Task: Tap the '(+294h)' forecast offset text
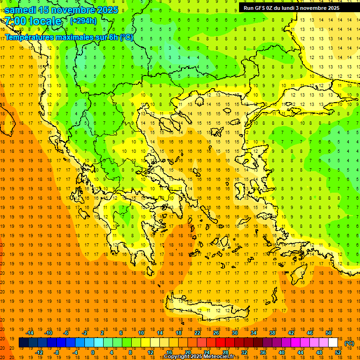(x=83, y=21)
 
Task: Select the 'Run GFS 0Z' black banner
(x=295, y=7)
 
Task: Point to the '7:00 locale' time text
(x=33, y=21)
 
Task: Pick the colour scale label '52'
(x=337, y=352)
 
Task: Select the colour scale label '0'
(x=92, y=352)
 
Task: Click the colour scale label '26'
(x=216, y=333)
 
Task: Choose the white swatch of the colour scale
(x=333, y=343)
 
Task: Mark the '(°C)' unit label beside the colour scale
(x=349, y=343)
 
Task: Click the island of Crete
(x=206, y=309)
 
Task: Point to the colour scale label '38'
(x=272, y=333)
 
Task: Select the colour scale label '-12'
(x=39, y=352)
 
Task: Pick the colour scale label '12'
(x=151, y=352)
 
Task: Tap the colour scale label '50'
(x=328, y=333)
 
